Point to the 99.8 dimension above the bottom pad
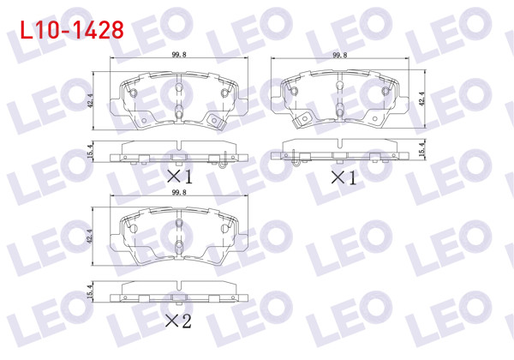[x=178, y=194]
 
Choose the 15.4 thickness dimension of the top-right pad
[x=422, y=151]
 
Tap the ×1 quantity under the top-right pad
[x=342, y=177]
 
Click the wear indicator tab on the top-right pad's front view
[x=301, y=121]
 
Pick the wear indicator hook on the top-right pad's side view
[x=296, y=157]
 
